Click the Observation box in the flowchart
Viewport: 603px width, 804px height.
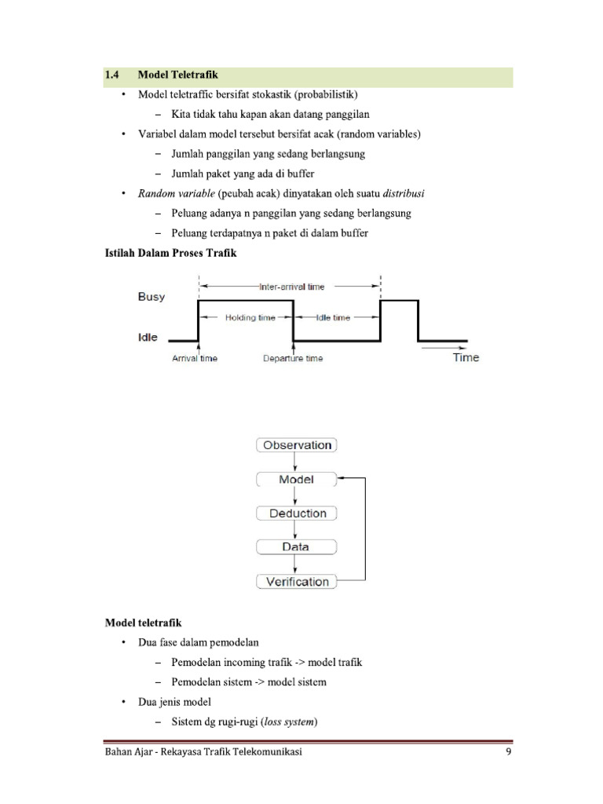tap(297, 445)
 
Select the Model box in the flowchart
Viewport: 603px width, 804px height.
tap(297, 479)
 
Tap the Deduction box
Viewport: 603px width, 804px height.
tap(297, 513)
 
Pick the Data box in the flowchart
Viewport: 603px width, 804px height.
tap(297, 547)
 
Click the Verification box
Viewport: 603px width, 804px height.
tap(297, 582)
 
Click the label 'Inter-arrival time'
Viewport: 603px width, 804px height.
tap(291, 287)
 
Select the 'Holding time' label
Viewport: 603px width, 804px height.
tap(246, 318)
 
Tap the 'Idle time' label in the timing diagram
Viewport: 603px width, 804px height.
tap(333, 318)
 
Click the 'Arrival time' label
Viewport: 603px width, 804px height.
tap(195, 359)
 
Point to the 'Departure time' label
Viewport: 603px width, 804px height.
tap(292, 359)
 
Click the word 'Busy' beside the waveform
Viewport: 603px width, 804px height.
tap(152, 297)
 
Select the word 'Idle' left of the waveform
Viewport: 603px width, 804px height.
tap(148, 338)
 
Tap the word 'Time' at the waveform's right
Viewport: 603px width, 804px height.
tap(466, 358)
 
